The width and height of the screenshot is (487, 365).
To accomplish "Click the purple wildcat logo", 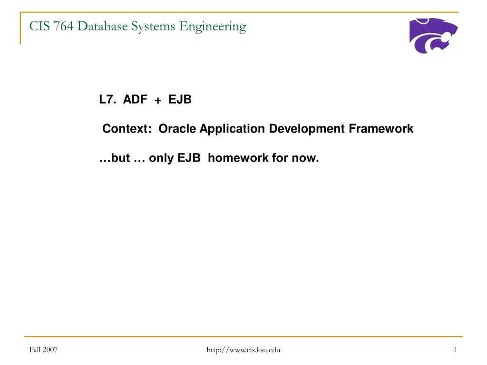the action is [433, 35].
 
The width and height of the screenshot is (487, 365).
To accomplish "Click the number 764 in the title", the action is [63, 26].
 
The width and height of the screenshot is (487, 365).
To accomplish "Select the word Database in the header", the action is [102, 26].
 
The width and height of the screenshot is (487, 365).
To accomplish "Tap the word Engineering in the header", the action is [213, 27].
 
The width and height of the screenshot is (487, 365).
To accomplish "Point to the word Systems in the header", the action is [153, 27].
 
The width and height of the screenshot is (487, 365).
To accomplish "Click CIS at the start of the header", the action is [39, 26].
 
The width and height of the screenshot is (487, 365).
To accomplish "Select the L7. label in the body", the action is [107, 99].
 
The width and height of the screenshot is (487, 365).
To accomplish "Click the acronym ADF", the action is [135, 99].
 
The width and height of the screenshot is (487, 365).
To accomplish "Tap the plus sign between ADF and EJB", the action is [158, 100].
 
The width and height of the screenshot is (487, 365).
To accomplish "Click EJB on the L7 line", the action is [180, 99].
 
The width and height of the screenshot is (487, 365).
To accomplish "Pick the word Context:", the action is [127, 128].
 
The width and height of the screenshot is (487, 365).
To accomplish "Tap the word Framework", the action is [381, 128].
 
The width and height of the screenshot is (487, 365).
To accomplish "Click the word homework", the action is [238, 158].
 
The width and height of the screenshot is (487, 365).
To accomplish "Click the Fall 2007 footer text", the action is [43, 350].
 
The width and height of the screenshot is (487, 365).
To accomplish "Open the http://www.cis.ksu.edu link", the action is [243, 350].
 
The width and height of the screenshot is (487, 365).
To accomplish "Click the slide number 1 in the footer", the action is [456, 350].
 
